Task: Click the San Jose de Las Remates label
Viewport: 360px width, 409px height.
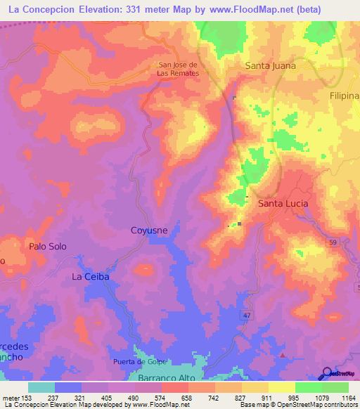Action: point(178,68)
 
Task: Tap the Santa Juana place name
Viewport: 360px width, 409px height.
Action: point(270,65)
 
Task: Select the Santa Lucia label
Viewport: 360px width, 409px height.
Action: point(283,203)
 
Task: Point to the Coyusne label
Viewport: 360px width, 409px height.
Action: point(148,230)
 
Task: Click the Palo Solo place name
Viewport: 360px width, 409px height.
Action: point(47,246)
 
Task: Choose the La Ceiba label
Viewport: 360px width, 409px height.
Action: point(91,277)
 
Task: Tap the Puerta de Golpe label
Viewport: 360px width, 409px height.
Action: point(139,362)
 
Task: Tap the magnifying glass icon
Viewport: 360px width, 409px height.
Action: point(327,373)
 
